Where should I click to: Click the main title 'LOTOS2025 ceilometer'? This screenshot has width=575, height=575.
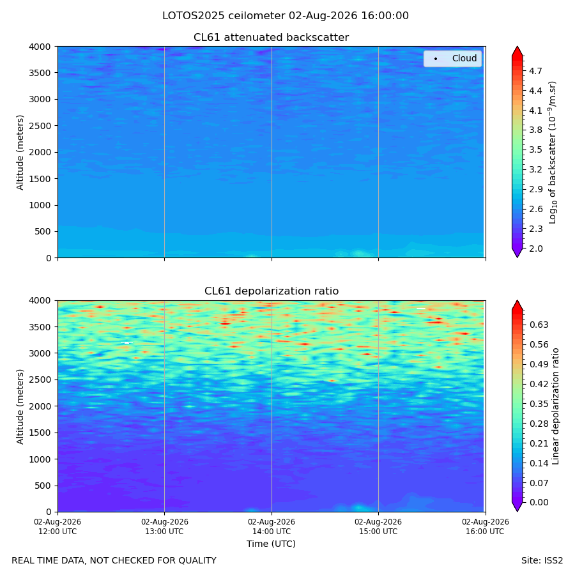224,16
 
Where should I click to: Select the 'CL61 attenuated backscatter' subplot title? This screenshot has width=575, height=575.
271,38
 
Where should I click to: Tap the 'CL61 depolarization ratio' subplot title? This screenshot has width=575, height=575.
272,291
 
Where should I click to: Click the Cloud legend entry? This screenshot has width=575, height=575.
452,58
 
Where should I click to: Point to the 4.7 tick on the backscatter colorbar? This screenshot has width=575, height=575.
535,71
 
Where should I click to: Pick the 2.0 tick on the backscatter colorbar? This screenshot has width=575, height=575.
535,249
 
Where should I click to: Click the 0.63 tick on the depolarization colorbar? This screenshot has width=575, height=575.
539,325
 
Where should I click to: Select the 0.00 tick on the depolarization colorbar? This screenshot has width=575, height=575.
539,502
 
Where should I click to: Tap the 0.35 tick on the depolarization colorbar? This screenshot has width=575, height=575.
539,404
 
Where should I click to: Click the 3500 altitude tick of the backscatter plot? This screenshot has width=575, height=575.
40,73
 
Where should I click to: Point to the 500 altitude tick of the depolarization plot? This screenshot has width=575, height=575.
43,486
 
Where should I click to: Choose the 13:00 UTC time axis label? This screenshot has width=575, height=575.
165,526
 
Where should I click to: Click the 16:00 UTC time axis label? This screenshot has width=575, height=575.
486,526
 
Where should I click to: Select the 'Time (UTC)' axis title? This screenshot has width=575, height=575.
271,544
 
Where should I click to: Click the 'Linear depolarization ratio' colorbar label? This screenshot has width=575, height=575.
556,406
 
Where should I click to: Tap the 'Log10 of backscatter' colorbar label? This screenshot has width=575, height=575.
553,153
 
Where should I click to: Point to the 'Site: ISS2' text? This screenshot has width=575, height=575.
542,561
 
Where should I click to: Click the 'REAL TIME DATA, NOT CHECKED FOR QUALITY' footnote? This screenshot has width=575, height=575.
114,561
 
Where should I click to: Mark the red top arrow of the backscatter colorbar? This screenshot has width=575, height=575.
517,51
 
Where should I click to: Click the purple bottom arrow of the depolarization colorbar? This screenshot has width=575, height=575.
517,507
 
